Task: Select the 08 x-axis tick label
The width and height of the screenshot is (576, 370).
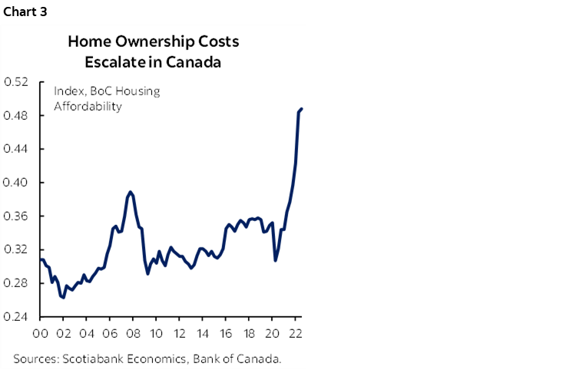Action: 132,334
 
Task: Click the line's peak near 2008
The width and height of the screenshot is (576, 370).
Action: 131,191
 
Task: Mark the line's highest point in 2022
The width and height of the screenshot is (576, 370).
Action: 301,109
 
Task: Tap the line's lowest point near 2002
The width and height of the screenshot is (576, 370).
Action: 63,298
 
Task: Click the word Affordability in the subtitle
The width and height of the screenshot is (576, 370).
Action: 88,106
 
